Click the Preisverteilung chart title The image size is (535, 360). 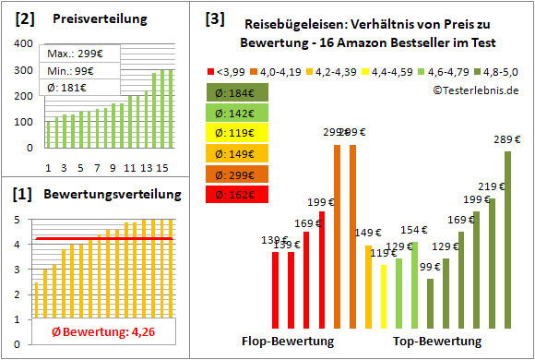tap(91, 18)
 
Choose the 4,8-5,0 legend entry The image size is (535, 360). tap(497, 70)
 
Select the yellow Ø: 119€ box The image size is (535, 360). tap(237, 133)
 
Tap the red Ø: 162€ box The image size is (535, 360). tap(237, 195)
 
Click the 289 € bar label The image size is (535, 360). tap(506, 139)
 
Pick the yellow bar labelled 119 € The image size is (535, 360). tap(384, 296)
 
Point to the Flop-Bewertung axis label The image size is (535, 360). tap(288, 341)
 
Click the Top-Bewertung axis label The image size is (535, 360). tap(437, 341)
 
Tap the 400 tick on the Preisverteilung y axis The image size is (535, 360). tap(28, 42)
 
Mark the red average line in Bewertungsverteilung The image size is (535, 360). tap(101, 239)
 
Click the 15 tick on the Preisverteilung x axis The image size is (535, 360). tap(161, 168)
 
